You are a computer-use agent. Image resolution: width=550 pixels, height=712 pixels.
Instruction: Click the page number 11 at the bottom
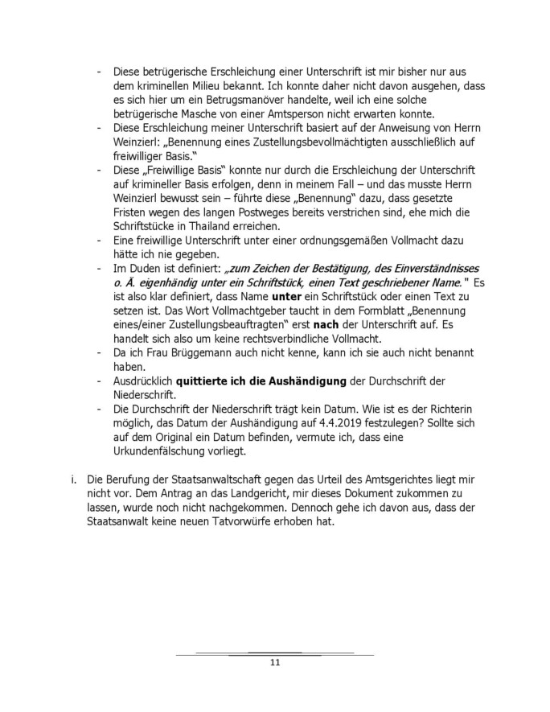[x=274, y=663]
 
